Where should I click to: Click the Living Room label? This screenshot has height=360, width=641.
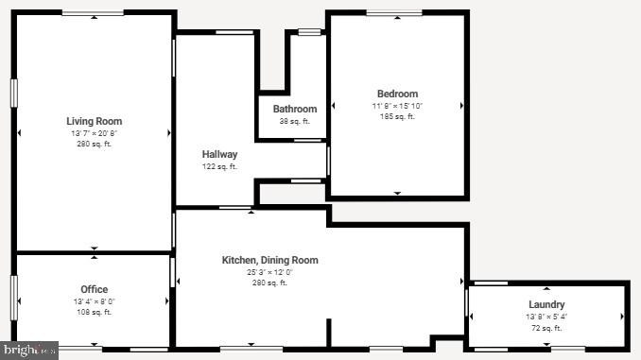(94, 121)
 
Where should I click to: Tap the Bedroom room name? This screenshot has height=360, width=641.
(397, 94)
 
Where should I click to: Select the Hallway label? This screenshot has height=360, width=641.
(219, 154)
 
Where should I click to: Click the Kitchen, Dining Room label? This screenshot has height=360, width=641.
(269, 260)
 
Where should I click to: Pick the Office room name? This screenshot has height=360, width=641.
(94, 289)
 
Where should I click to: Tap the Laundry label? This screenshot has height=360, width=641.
(547, 304)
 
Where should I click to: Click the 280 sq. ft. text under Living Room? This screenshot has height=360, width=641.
(94, 145)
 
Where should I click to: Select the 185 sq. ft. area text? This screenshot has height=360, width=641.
(397, 117)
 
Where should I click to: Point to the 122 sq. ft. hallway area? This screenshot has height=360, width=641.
(219, 166)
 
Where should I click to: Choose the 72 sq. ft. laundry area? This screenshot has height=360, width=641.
(547, 327)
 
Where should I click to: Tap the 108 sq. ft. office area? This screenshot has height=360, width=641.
(94, 312)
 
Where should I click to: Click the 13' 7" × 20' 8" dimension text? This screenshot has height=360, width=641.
(94, 133)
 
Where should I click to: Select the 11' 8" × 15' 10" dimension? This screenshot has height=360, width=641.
(397, 106)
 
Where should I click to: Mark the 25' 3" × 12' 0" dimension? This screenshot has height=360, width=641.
(269, 272)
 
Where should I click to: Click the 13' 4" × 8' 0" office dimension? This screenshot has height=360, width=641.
(94, 300)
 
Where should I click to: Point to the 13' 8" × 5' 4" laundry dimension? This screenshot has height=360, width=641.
(547, 316)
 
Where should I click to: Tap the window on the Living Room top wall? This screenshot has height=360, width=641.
(92, 13)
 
